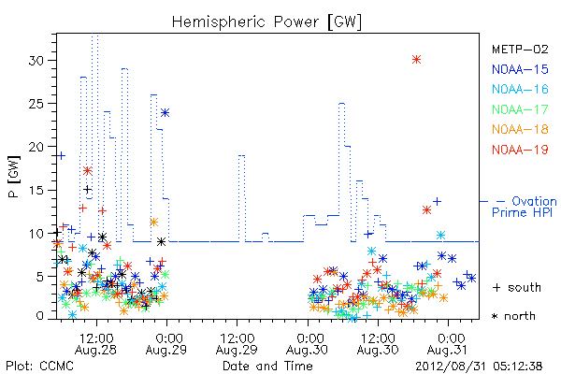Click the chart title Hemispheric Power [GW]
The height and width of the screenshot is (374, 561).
266,22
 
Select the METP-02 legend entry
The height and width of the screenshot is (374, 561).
520,50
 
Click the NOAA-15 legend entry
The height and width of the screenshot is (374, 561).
520,69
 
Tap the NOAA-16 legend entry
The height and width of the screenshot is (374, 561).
520,90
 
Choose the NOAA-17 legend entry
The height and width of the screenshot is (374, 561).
520,109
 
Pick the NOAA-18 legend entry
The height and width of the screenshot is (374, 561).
520,130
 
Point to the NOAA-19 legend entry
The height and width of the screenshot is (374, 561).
520,150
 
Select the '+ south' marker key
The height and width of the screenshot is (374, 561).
517,287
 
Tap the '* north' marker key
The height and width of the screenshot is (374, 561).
513,316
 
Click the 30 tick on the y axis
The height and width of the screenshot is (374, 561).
36,60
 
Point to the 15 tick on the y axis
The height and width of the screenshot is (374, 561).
36,190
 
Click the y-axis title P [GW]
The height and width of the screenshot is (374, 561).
14,177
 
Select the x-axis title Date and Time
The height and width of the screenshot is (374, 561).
267,367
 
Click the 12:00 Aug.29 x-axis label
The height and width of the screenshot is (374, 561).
237,344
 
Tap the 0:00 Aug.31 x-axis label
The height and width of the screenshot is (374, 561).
448,344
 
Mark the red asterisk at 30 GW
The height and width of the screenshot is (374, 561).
416,60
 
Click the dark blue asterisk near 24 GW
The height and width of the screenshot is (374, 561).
165,113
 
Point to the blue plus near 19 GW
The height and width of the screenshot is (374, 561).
61,156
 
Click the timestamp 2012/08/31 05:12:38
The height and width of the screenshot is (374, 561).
479,367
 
